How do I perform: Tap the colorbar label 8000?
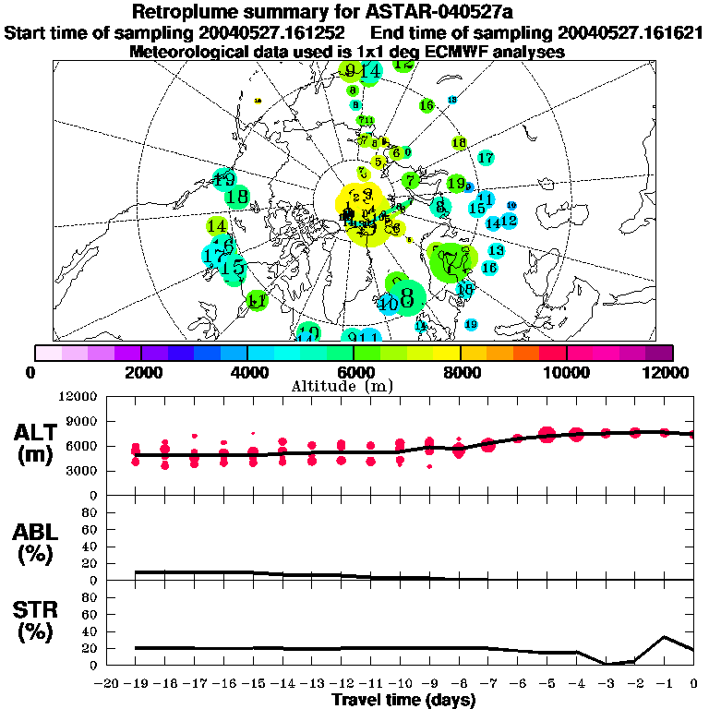click(460, 372)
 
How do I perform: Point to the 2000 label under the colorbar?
click(140, 372)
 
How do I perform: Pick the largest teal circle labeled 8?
click(406, 296)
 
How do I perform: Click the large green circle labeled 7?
click(451, 262)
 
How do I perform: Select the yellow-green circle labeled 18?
click(459, 143)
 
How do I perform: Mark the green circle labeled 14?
click(217, 225)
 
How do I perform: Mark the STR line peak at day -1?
click(665, 636)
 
